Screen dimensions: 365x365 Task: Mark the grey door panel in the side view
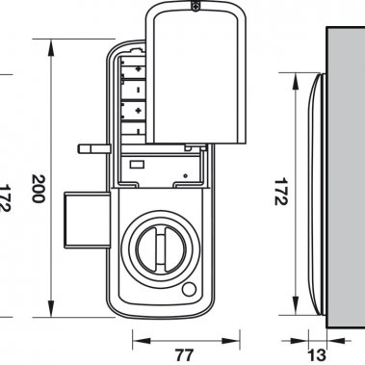coord(344,173)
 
